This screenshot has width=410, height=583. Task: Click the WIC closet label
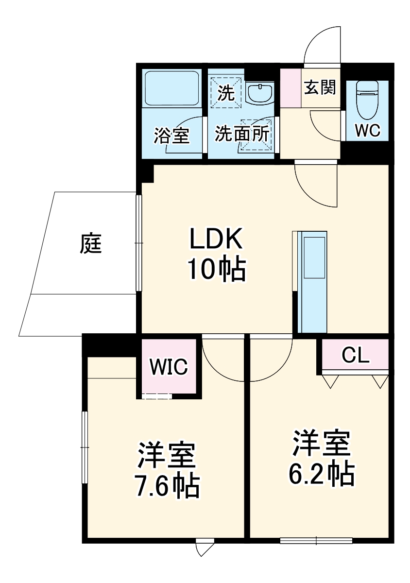(x=168, y=367)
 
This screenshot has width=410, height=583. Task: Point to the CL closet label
(x=355, y=356)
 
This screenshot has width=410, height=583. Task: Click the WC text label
(x=367, y=130)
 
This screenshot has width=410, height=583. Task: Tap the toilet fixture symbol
(x=367, y=100)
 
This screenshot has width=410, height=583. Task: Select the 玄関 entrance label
(x=320, y=87)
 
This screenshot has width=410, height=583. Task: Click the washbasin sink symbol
(x=260, y=93)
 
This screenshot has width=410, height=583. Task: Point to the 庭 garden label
(x=91, y=243)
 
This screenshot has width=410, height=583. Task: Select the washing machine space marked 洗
(x=226, y=92)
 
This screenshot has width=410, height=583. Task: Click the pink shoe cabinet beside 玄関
(x=290, y=88)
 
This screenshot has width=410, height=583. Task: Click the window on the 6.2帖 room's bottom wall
(x=316, y=540)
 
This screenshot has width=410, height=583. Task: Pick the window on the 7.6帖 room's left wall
(x=85, y=447)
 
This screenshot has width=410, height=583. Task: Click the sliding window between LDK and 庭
(x=138, y=243)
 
